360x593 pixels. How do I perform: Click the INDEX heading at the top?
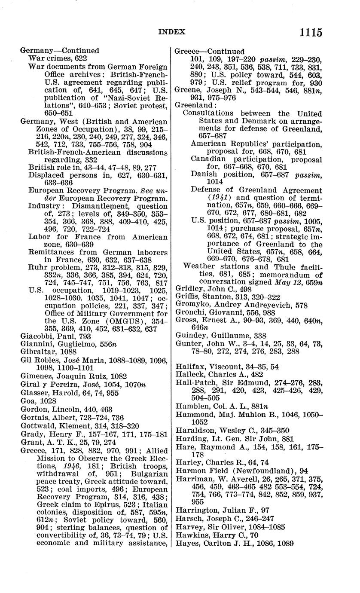click(172, 32)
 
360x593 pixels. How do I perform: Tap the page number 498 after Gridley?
click(246, 289)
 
